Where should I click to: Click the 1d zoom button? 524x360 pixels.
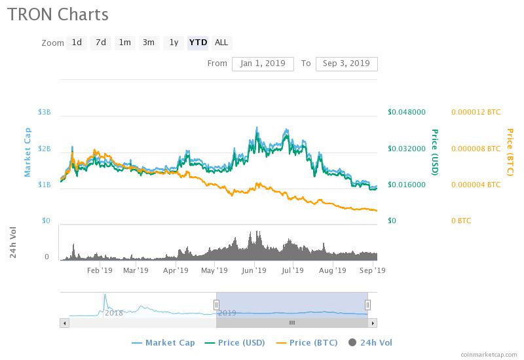(x=77, y=43)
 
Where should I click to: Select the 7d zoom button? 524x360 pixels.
(x=100, y=43)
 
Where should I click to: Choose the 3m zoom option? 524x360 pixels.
(x=149, y=43)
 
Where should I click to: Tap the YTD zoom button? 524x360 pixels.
(x=198, y=43)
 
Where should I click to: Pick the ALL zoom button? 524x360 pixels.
(x=221, y=43)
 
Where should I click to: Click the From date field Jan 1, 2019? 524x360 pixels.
(x=262, y=63)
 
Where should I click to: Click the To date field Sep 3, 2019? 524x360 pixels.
(x=346, y=63)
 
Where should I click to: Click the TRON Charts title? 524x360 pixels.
(x=58, y=14)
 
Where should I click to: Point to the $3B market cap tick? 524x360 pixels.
(x=45, y=113)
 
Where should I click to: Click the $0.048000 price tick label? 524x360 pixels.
(x=407, y=113)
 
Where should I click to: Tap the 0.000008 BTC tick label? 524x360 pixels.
(x=476, y=149)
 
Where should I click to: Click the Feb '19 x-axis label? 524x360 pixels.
(x=99, y=270)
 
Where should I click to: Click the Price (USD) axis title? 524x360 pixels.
(x=434, y=152)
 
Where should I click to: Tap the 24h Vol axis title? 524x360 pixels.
(x=13, y=242)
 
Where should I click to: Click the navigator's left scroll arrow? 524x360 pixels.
(x=64, y=323)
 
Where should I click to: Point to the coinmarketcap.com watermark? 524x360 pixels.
(x=489, y=353)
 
